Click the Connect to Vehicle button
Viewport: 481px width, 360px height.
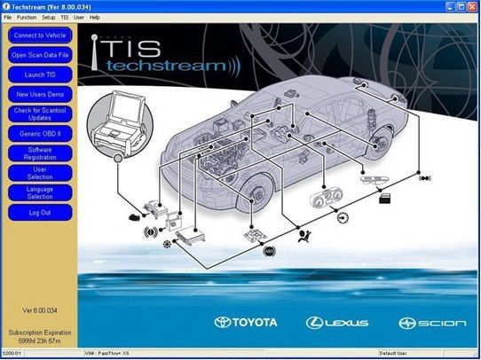[39, 35]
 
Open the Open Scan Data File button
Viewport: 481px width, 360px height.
[39, 55]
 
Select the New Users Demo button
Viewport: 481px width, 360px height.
[39, 94]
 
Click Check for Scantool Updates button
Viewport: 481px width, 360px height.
[39, 113]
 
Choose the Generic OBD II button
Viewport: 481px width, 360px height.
[39, 133]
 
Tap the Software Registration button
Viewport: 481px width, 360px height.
[39, 153]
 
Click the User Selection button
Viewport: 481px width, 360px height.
[39, 173]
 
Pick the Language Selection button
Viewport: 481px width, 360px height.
[39, 192]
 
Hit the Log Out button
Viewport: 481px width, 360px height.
[39, 213]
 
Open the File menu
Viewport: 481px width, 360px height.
[8, 17]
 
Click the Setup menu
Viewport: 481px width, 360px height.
[48, 17]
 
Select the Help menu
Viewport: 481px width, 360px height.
[94, 17]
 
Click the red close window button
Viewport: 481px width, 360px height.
[472, 5]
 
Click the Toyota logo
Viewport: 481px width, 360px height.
[246, 323]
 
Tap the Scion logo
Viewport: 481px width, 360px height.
[432, 323]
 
